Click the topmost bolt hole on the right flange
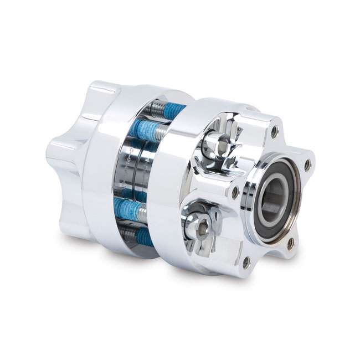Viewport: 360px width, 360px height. click(x=275, y=132)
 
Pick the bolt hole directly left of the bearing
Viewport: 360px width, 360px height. click(x=236, y=192)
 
